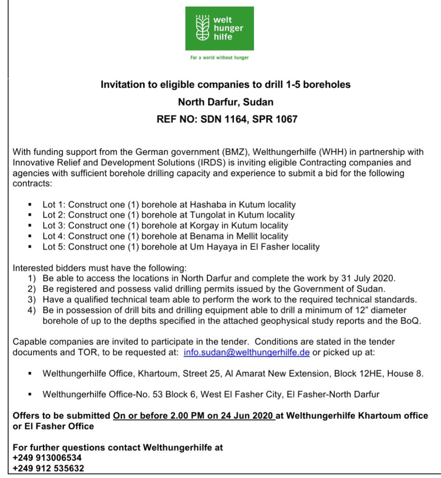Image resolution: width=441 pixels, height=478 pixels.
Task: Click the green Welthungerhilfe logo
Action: (219, 28)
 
